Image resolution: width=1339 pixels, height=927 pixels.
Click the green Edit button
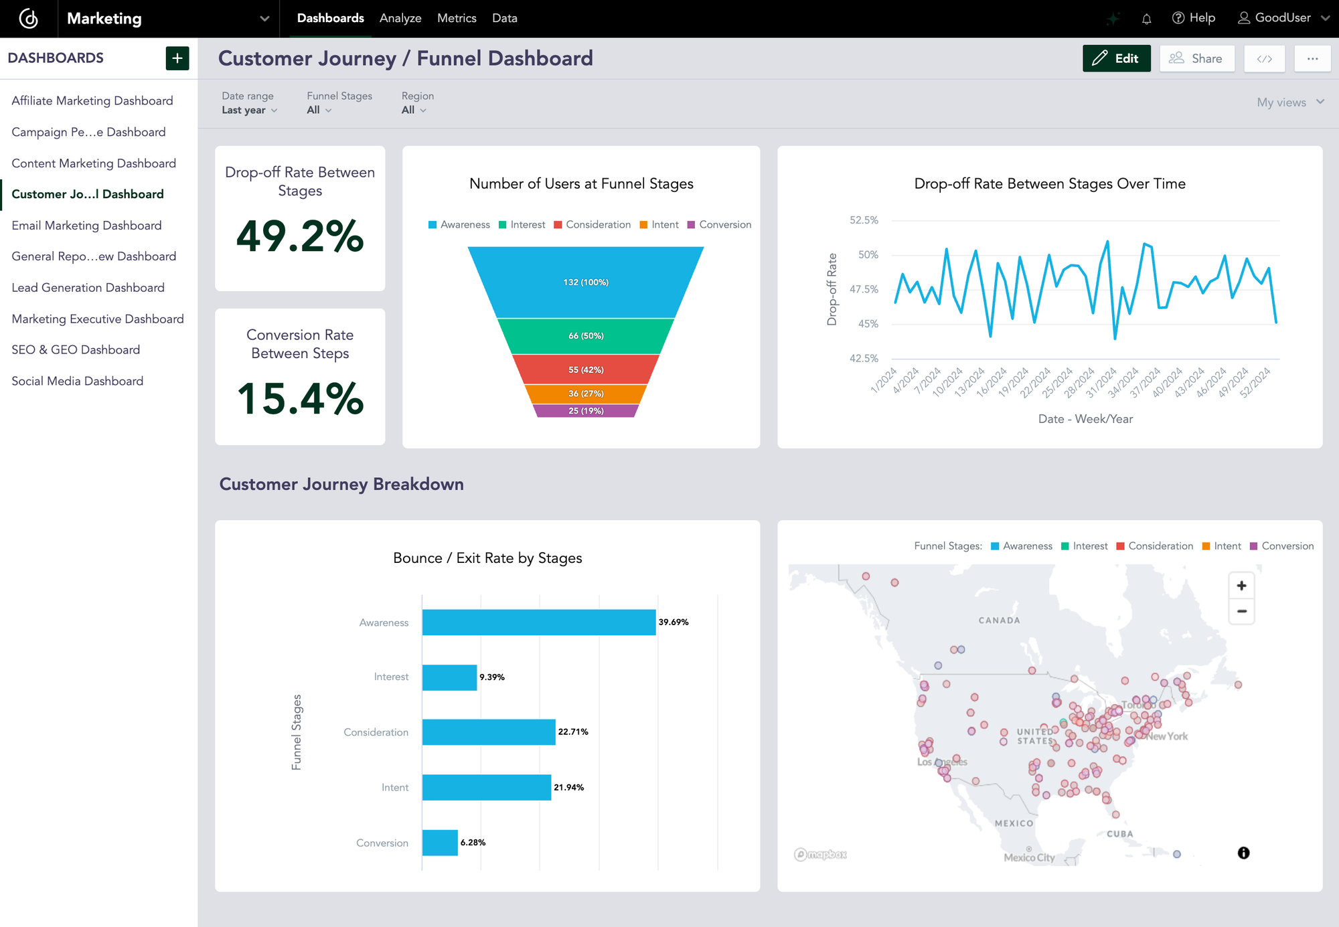pyautogui.click(x=1116, y=58)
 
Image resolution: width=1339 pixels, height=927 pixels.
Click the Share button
pyautogui.click(x=1196, y=58)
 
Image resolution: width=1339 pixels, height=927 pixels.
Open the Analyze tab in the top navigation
pyautogui.click(x=400, y=18)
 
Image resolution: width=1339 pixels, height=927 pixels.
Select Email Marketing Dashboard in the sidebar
pyautogui.click(x=86, y=226)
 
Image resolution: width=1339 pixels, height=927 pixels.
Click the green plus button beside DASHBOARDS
pyautogui.click(x=177, y=58)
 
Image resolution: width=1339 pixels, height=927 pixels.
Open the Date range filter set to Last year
pyautogui.click(x=249, y=110)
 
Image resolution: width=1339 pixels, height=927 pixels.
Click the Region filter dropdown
pyautogui.click(x=413, y=110)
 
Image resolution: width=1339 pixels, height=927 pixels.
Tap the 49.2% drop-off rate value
pyautogui.click(x=300, y=236)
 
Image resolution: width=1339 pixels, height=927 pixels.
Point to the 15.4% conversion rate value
pyautogui.click(x=300, y=399)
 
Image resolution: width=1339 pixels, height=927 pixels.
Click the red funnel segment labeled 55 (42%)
pyautogui.click(x=586, y=369)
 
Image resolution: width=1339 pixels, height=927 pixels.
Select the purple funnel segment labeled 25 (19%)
pyautogui.click(x=586, y=411)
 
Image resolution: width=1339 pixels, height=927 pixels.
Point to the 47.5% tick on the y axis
pyautogui.click(x=864, y=289)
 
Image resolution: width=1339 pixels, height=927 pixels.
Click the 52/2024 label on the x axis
pyautogui.click(x=1255, y=383)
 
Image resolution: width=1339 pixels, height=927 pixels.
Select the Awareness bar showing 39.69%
pyautogui.click(x=538, y=622)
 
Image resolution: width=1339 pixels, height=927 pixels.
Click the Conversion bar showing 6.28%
pyautogui.click(x=440, y=843)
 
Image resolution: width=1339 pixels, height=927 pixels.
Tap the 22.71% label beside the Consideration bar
pyautogui.click(x=573, y=732)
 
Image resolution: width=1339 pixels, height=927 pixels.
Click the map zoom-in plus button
pyautogui.click(x=1241, y=586)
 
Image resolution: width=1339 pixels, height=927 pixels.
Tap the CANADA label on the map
pyautogui.click(x=999, y=620)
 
